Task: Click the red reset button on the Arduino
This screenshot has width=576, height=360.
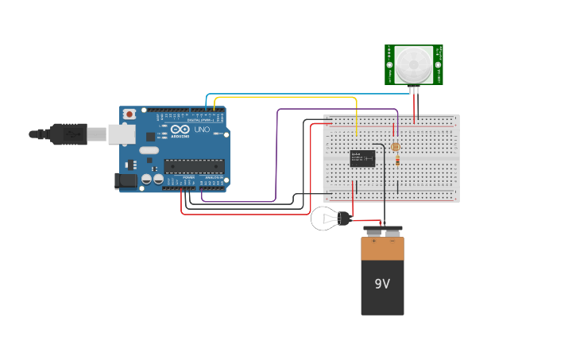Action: [x=130, y=114]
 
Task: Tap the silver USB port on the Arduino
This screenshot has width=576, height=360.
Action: [x=121, y=134]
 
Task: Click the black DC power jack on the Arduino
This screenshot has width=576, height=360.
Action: [x=125, y=181]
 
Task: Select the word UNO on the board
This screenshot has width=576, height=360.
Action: [x=202, y=130]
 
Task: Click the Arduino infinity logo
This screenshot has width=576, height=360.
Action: [x=180, y=130]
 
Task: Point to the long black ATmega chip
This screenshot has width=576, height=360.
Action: [x=194, y=166]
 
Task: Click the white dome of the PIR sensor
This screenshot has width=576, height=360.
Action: [x=413, y=64]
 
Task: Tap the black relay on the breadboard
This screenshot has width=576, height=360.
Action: [x=363, y=158]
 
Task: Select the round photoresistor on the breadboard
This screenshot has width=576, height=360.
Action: [x=396, y=146]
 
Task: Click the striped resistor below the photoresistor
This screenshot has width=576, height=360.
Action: [x=396, y=161]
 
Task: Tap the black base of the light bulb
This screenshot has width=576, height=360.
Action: [x=344, y=218]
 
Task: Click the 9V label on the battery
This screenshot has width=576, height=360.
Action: [x=382, y=284]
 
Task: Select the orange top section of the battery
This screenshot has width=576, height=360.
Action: [x=382, y=248]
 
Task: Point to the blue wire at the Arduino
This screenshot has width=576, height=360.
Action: [x=207, y=101]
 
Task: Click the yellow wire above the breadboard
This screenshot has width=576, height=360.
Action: [x=286, y=98]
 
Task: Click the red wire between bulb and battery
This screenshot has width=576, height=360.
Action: [x=365, y=221]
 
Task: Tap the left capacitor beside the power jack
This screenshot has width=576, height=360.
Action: [x=146, y=180]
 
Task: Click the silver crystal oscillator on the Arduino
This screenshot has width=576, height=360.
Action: [x=148, y=149]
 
